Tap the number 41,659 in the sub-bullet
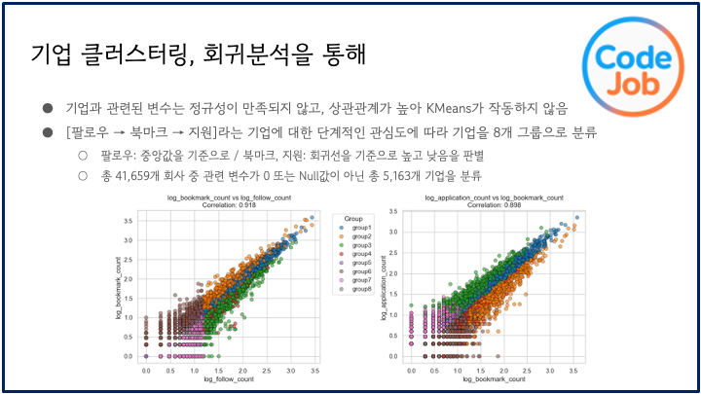[148, 175]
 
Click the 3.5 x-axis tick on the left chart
[311, 372]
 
